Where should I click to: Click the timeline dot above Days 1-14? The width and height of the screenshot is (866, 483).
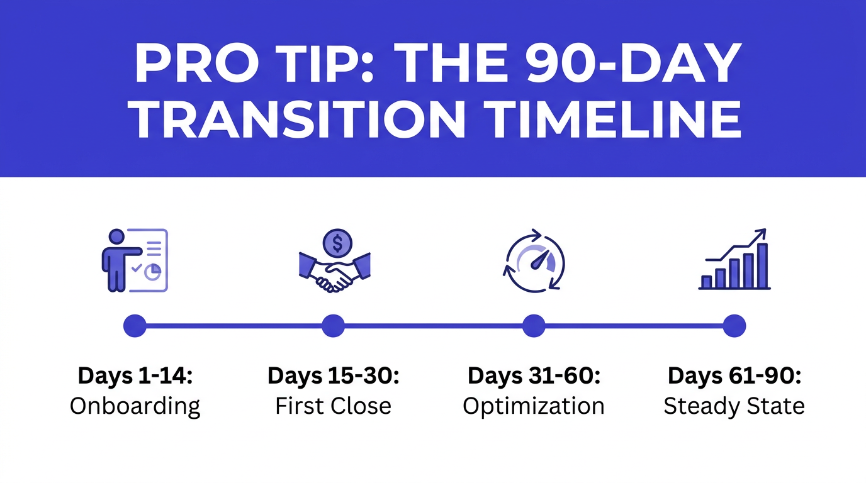(x=135, y=326)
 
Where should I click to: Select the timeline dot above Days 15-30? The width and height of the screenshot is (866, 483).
(x=333, y=326)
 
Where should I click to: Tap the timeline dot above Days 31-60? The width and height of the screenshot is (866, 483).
(x=534, y=326)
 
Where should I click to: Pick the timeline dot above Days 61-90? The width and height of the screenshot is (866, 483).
(x=734, y=326)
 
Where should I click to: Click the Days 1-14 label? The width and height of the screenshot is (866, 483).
(x=135, y=376)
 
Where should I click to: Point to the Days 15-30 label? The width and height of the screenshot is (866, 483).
(x=334, y=376)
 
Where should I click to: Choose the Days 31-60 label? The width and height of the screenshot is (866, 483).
(x=534, y=376)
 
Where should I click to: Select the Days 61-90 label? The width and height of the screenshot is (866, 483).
(x=734, y=376)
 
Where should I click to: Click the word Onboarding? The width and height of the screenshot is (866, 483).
(x=135, y=406)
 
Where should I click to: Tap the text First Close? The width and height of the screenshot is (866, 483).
(x=334, y=406)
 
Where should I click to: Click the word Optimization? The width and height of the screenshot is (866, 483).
(x=534, y=406)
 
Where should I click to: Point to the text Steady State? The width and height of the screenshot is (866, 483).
(x=734, y=406)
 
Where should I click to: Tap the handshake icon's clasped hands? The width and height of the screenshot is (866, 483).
(x=334, y=277)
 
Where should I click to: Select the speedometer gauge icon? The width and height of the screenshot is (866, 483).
(x=536, y=260)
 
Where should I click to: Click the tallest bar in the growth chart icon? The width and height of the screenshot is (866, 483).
(x=762, y=266)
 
